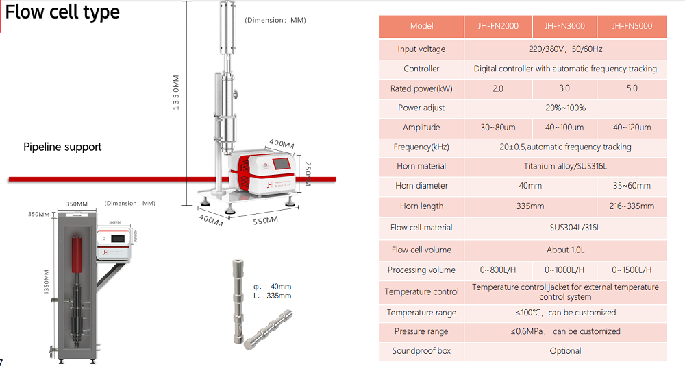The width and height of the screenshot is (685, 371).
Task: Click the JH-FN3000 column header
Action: coord(564,26)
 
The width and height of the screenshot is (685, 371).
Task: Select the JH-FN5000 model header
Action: coord(632,26)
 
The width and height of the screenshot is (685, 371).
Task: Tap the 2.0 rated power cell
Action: coord(498,88)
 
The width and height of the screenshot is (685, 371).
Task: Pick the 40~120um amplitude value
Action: coord(632,128)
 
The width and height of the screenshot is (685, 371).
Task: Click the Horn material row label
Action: coord(421,166)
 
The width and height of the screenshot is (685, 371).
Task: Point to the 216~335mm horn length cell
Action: coord(632,206)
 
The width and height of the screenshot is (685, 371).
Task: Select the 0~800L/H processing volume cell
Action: coord(498,270)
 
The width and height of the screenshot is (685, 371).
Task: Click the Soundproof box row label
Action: coord(421,351)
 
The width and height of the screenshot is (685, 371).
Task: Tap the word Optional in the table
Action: coord(565,351)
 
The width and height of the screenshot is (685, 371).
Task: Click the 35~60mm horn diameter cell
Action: coord(632,185)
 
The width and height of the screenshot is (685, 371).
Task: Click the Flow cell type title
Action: coord(62,12)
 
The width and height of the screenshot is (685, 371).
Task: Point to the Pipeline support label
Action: coord(62,147)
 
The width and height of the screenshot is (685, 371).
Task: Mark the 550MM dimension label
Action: coord(265,221)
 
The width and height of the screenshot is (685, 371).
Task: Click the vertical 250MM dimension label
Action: coord(308,173)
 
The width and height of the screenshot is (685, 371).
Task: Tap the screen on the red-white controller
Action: coord(282,164)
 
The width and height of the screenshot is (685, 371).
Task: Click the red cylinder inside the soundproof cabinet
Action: coord(77,254)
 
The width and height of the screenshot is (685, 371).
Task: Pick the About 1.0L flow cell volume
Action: coord(565,250)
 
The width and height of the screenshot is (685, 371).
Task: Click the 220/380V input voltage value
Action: coord(565,49)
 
